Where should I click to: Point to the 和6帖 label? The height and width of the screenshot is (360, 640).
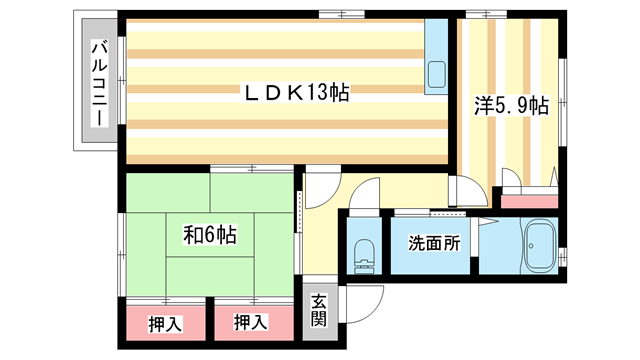209,236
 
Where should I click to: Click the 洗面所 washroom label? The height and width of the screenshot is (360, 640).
433,243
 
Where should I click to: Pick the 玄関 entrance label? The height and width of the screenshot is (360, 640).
318,310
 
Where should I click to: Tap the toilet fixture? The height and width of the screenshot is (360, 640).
363,254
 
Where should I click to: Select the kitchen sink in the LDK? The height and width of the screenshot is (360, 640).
437,73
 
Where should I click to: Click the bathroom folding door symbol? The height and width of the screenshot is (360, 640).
488,225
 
